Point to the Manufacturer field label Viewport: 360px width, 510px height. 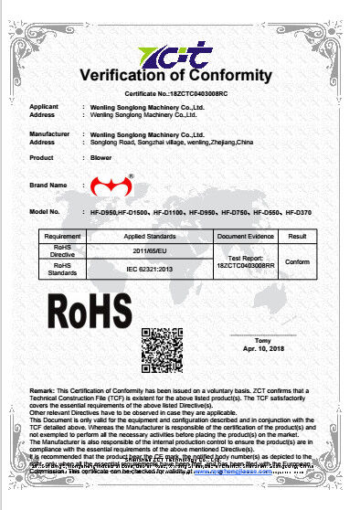49,134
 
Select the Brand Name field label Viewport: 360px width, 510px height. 48,185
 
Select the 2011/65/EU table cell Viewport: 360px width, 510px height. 147,250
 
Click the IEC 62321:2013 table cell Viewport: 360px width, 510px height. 147,270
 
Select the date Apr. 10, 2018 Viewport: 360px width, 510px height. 263,349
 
